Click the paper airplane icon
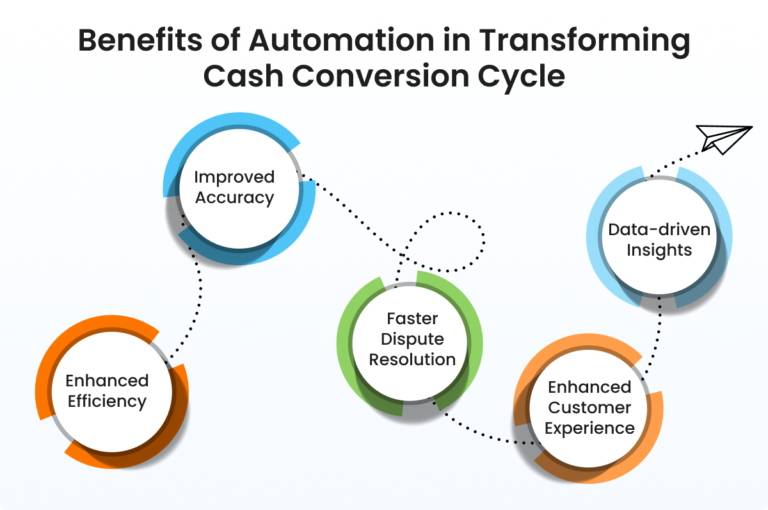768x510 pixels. click(723, 138)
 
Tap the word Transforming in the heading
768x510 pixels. click(595, 42)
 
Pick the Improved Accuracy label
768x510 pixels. click(234, 187)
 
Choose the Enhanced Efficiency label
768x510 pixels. click(107, 391)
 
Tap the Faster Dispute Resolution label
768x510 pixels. click(412, 338)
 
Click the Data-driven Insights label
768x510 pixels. click(659, 240)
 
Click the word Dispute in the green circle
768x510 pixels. click(412, 338)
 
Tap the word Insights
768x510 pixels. click(659, 250)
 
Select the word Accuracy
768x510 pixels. click(234, 197)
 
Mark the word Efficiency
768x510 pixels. click(107, 402)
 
